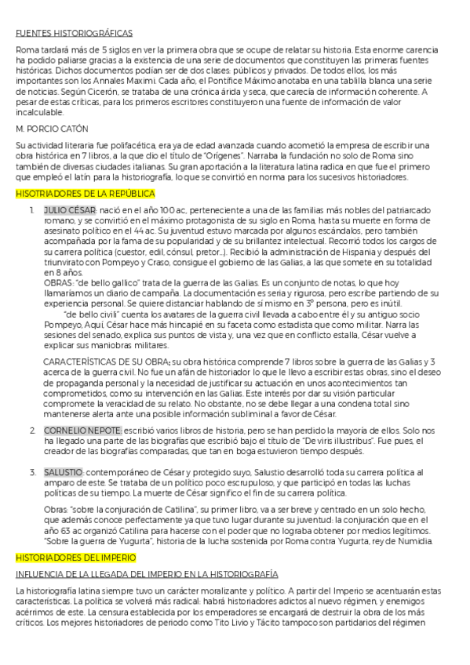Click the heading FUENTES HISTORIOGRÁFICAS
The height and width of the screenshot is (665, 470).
pyautogui.click(x=74, y=33)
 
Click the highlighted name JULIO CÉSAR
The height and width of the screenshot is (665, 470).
pyautogui.click(x=70, y=211)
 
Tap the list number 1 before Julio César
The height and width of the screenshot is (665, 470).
pyautogui.click(x=32, y=211)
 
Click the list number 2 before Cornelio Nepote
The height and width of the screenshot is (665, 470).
pyautogui.click(x=32, y=431)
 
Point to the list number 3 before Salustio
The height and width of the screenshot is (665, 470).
pyautogui.click(x=32, y=473)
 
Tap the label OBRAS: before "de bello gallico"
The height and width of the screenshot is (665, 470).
pyautogui.click(x=58, y=282)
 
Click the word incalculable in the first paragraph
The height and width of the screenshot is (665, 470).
pyautogui.click(x=40, y=111)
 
